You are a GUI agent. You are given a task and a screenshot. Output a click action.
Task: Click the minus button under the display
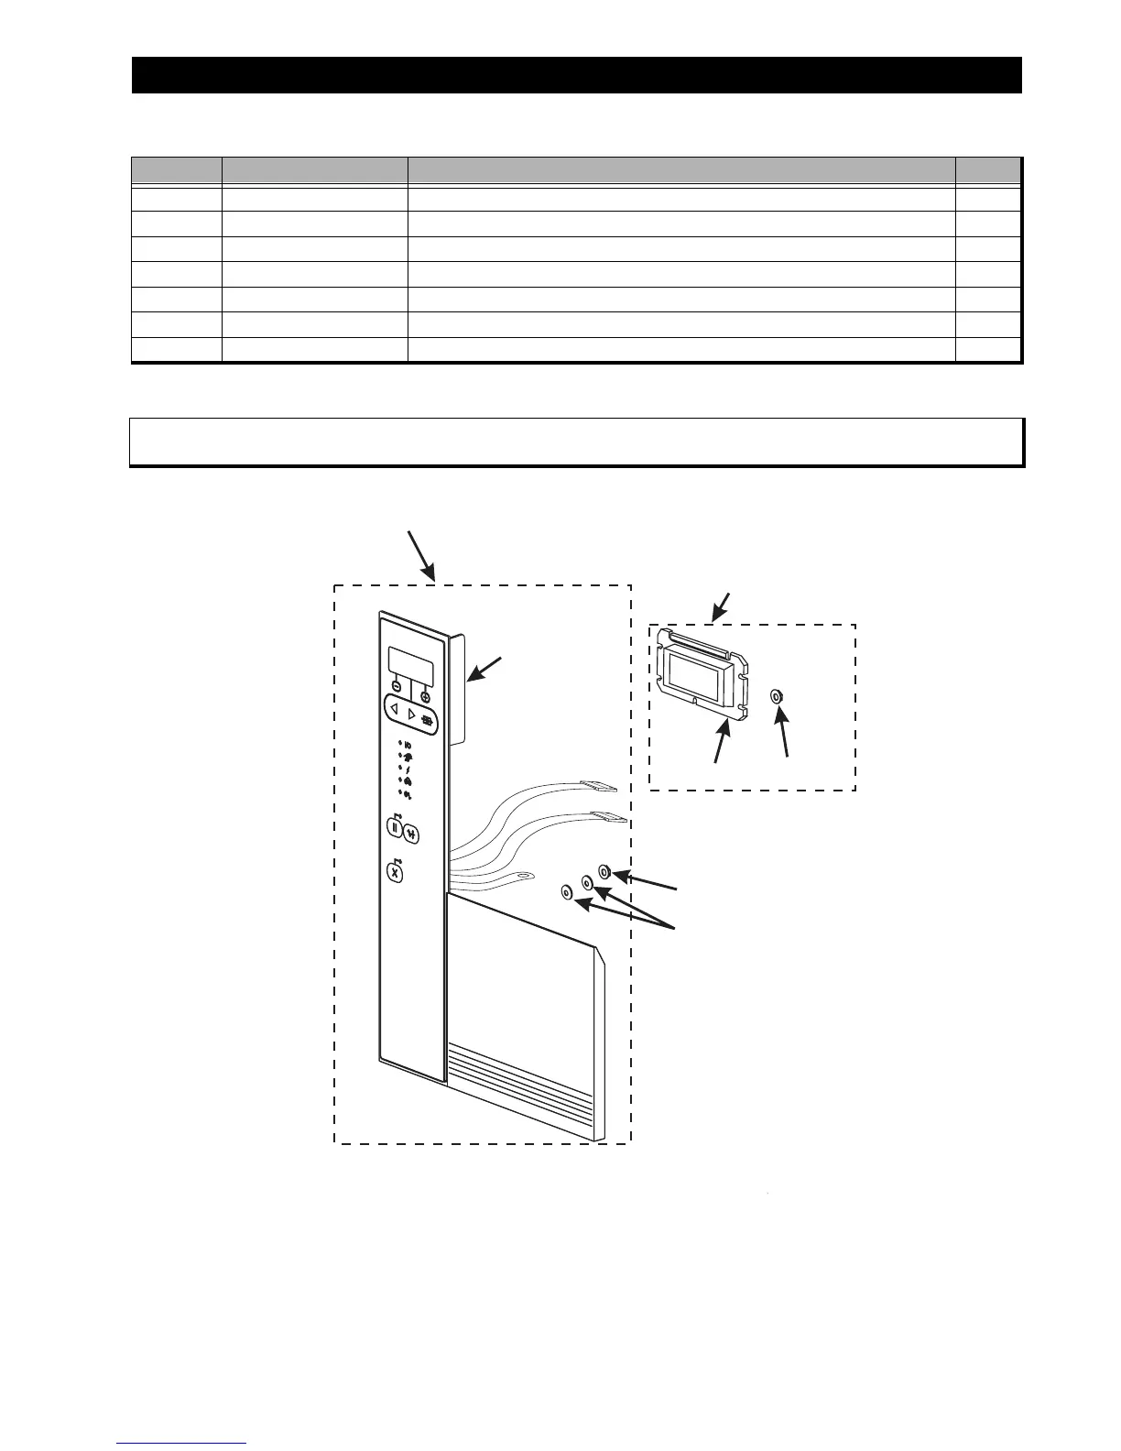pyautogui.click(x=397, y=685)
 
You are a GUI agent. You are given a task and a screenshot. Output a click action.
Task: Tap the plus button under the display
pyautogui.click(x=426, y=697)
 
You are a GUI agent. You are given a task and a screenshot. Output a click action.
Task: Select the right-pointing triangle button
pyautogui.click(x=411, y=715)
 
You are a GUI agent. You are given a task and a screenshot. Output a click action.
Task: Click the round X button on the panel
pyautogui.click(x=396, y=873)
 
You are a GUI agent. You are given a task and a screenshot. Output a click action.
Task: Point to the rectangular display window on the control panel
pyautogui.click(x=409, y=661)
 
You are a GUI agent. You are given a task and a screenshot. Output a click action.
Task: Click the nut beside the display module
pyautogui.click(x=778, y=696)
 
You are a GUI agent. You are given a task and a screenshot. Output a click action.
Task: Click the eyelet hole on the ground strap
pyautogui.click(x=524, y=877)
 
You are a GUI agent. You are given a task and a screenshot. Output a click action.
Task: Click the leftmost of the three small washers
pyautogui.click(x=566, y=892)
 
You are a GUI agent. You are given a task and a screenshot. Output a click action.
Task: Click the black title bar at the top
pyautogui.click(x=576, y=75)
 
